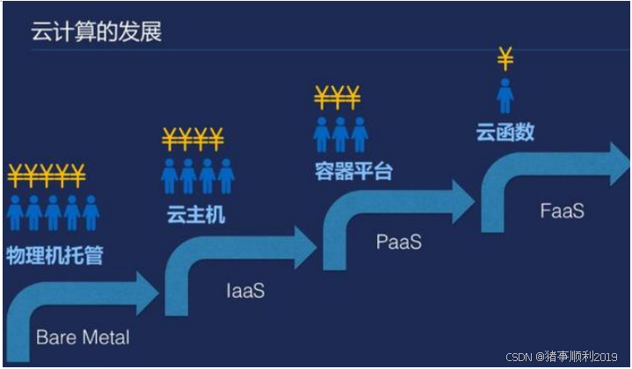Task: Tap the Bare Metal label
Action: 83,337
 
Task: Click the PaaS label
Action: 399,242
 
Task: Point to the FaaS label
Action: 562,212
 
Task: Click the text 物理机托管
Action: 54,255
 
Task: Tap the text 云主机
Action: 194,213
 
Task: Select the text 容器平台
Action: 352,170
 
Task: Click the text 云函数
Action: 505,134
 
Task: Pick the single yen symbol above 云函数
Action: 505,59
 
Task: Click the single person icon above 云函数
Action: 505,96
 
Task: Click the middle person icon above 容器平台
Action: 340,134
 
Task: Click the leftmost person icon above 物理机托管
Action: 15,213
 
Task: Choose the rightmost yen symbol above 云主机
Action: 215,138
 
